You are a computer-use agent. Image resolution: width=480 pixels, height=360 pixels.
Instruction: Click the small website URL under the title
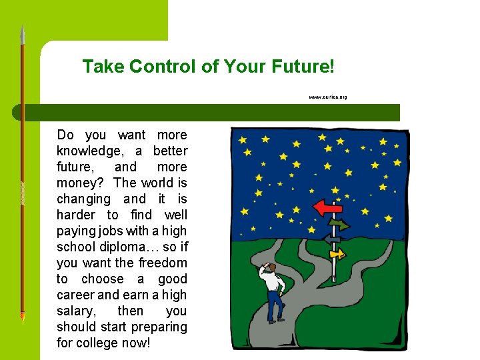coord(327,97)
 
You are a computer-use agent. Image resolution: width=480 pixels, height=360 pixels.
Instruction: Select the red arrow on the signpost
coord(327,208)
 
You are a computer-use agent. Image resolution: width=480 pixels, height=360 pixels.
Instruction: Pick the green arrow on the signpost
coord(339,225)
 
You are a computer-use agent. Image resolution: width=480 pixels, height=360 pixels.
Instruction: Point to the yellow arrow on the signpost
coord(337,253)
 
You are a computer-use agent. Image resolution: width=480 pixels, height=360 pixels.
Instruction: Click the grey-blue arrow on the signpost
coord(331,239)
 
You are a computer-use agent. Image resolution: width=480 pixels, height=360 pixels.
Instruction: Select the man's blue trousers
coord(274,307)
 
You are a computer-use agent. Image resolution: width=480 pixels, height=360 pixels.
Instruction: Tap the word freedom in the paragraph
coord(163,263)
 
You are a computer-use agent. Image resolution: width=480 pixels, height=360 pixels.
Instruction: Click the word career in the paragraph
coord(76,295)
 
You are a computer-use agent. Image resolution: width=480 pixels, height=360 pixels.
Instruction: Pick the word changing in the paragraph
coord(83,199)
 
